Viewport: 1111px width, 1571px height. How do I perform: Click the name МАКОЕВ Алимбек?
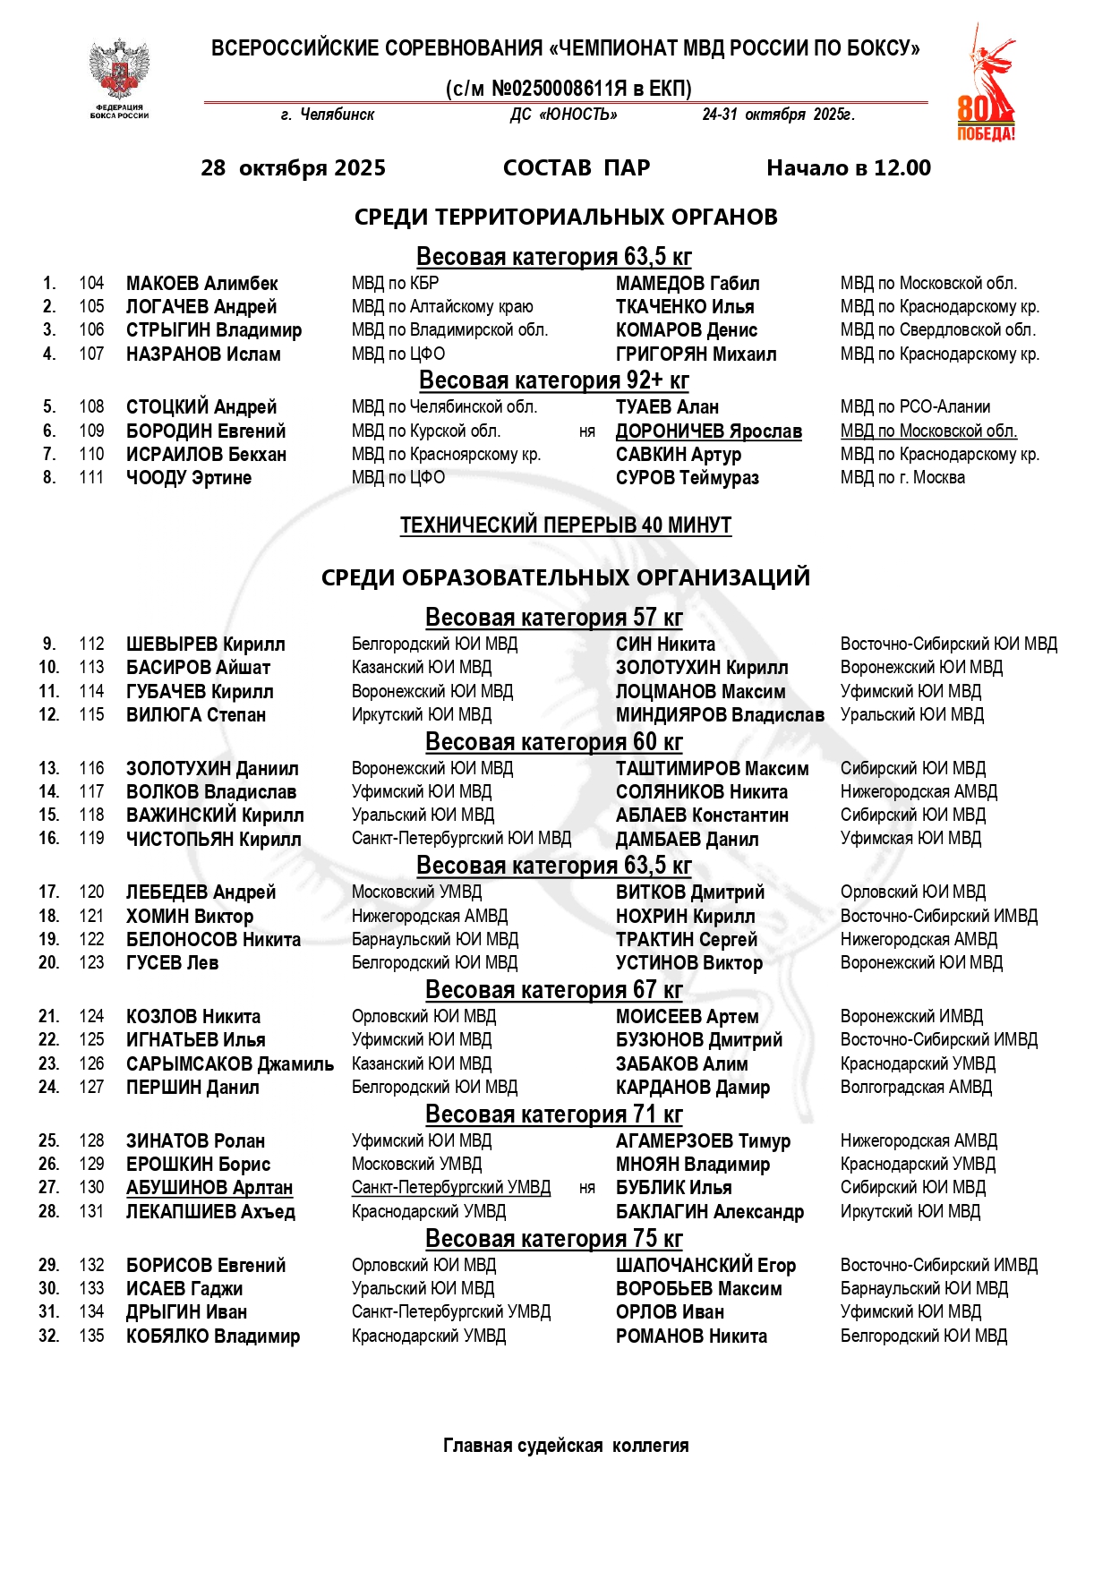click(x=201, y=284)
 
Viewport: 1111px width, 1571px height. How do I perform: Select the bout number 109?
click(x=91, y=431)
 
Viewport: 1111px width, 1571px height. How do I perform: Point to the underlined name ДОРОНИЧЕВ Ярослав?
click(x=708, y=431)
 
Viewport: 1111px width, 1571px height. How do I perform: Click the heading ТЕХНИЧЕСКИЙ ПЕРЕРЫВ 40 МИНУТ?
click(x=565, y=525)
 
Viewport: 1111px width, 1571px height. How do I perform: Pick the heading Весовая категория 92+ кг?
click(x=553, y=380)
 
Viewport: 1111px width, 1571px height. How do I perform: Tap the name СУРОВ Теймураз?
click(x=687, y=478)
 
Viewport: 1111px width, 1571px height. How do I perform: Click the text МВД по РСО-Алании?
click(x=915, y=407)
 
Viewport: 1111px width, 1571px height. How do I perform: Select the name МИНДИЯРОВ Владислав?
click(x=720, y=715)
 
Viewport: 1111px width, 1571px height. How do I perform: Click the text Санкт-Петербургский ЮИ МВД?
click(x=461, y=839)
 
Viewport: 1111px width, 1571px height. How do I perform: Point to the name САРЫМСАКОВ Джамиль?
click(x=229, y=1064)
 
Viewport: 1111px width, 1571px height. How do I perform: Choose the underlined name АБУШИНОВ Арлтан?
click(x=209, y=1188)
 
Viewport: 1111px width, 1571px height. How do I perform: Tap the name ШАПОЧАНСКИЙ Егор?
click(x=705, y=1266)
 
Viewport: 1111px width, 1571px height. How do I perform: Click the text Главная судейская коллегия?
click(x=566, y=1446)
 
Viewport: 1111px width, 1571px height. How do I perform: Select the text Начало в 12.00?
click(x=848, y=168)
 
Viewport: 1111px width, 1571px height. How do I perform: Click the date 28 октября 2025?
click(x=293, y=168)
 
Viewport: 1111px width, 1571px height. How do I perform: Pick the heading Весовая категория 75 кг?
click(x=553, y=1239)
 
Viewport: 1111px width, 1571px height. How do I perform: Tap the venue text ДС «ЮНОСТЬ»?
click(x=563, y=115)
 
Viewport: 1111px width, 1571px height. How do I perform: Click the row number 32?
click(x=48, y=1336)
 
